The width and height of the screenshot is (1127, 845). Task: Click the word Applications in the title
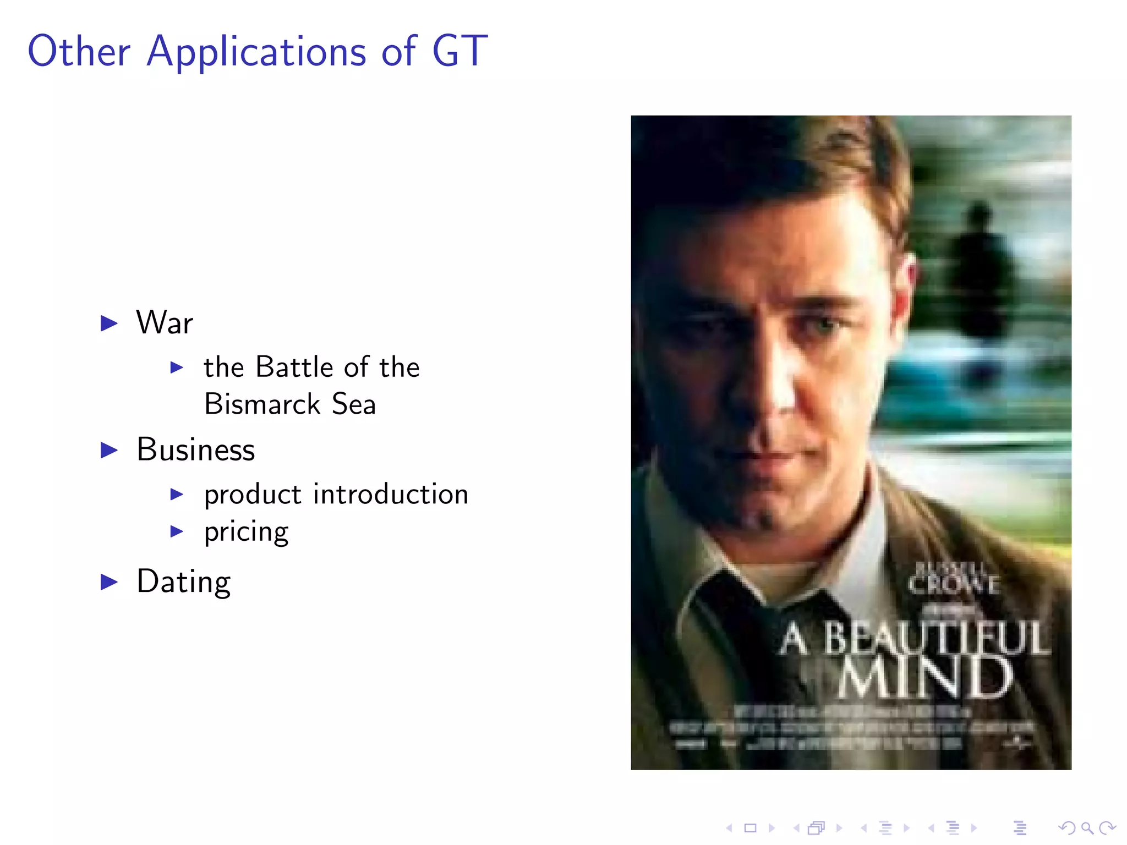[256, 51]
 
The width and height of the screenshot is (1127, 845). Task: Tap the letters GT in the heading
[460, 51]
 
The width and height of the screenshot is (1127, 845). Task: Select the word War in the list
[165, 322]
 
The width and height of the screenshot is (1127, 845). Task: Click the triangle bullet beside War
[110, 323]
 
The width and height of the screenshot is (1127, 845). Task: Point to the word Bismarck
[262, 404]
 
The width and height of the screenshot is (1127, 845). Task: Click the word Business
[196, 450]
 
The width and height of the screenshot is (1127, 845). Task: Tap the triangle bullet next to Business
[110, 450]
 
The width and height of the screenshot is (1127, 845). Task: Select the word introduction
[391, 494]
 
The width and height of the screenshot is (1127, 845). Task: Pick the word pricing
[246, 532]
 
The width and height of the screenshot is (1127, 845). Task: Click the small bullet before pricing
[177, 531]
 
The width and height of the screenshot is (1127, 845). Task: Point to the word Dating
[184, 581]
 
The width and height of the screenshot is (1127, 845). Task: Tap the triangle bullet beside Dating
[110, 581]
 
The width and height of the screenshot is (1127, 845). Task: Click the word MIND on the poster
[926, 678]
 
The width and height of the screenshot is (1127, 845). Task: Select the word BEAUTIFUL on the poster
[935, 638]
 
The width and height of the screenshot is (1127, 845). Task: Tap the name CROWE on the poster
[953, 585]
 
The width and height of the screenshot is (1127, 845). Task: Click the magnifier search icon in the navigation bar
[1087, 827]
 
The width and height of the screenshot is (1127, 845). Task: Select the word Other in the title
[79, 51]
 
